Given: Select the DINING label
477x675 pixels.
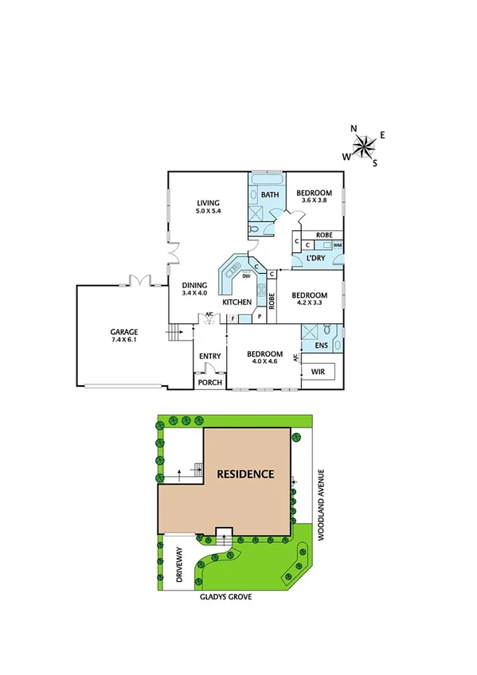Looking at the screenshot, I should pos(194,285).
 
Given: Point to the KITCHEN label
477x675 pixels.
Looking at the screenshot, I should pos(237,302).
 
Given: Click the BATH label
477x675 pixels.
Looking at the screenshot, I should pos(270,195).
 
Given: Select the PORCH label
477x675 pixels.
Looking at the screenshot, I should pos(209,382).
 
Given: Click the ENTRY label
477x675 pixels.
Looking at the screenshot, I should pos(209,356).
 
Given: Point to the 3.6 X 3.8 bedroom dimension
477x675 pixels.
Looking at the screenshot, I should pos(314,201).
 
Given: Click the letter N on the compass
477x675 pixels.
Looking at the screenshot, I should pos(354,127).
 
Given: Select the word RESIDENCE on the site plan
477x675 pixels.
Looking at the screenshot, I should pos(246,474).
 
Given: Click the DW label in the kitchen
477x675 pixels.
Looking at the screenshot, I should pos(236,276).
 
